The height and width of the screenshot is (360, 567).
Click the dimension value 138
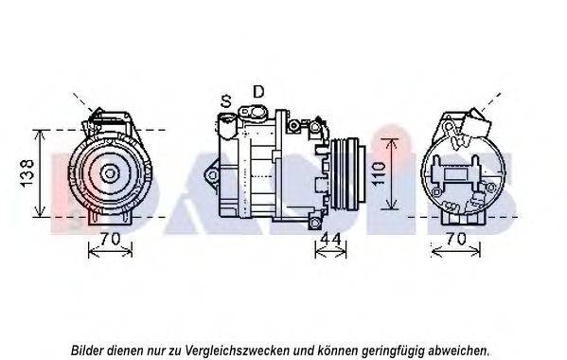(x=27, y=173)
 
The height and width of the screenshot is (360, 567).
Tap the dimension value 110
(x=379, y=174)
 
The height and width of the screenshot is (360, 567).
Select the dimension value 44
(x=331, y=239)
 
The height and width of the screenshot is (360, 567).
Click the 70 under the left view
(x=110, y=239)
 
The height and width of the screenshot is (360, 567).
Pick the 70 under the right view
(x=455, y=239)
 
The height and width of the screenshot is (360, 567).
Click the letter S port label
(x=226, y=101)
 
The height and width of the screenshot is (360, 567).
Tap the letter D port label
(x=258, y=92)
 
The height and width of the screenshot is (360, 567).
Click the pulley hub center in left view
(x=109, y=173)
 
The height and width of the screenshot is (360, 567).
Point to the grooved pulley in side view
(x=348, y=173)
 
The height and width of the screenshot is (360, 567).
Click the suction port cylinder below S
(x=227, y=126)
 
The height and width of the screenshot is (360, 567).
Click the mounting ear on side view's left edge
(x=212, y=175)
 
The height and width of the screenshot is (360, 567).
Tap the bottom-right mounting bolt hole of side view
(x=315, y=222)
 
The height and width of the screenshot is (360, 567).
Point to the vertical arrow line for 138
(x=40, y=173)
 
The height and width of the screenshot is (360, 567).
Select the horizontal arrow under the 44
(x=330, y=251)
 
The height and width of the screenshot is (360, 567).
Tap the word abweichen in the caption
(x=459, y=351)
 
